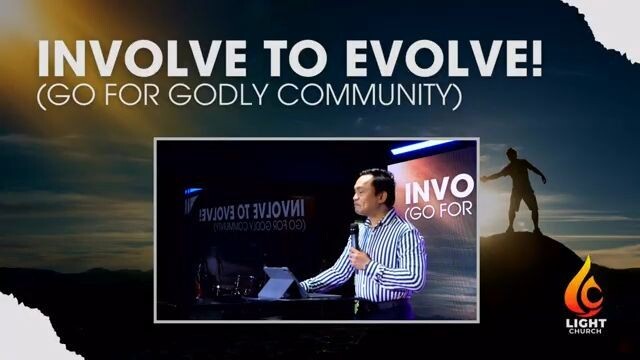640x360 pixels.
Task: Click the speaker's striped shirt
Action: pyautogui.click(x=385, y=260)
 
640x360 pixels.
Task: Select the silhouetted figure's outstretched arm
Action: pyautogui.click(x=495, y=173)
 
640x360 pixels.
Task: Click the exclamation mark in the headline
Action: pyautogui.click(x=535, y=60)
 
